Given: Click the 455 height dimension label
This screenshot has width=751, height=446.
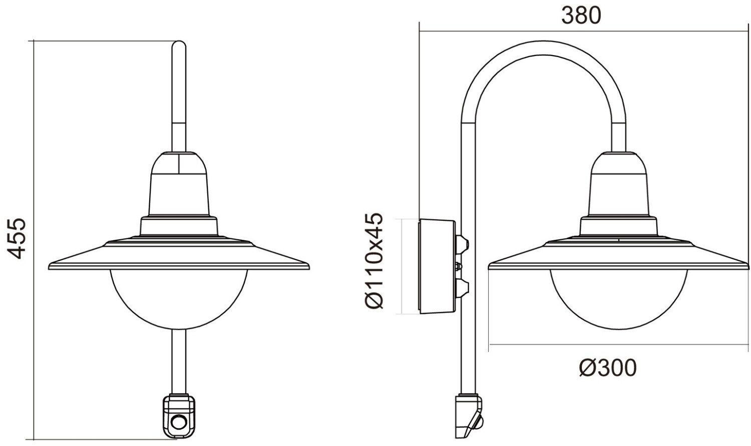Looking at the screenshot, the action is click(x=17, y=239).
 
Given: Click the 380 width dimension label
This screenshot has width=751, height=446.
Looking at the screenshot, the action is click(x=581, y=16).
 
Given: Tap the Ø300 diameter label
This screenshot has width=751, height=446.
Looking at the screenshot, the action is click(x=607, y=367).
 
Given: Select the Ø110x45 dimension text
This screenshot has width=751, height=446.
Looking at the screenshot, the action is click(x=373, y=261).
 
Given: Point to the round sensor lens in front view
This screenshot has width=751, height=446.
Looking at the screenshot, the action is click(x=179, y=422).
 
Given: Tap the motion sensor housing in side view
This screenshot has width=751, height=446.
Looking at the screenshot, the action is click(x=469, y=416).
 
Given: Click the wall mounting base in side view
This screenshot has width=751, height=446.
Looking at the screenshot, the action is click(x=437, y=266).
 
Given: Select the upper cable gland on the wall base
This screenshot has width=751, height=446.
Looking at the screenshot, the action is click(x=462, y=244).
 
